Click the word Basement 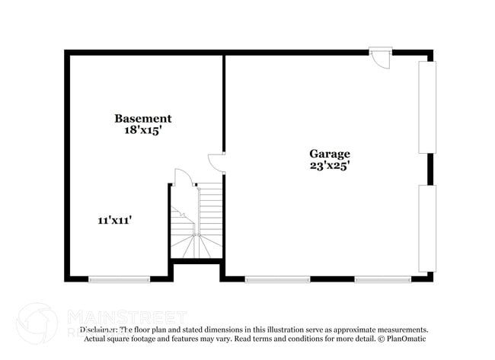pyautogui.click(x=142, y=119)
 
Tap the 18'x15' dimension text pyautogui.click(x=142, y=130)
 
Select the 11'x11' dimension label pyautogui.click(x=115, y=220)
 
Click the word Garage pyautogui.click(x=329, y=153)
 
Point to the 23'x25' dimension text pyautogui.click(x=329, y=164)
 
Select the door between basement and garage pyautogui.click(x=217, y=162)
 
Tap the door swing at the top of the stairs pyautogui.click(x=182, y=178)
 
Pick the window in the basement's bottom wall pyautogui.click(x=119, y=279)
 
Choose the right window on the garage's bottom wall pyautogui.click(x=383, y=279)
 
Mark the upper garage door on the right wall pyautogui.click(x=427, y=107)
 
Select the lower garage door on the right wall pyautogui.click(x=427, y=228)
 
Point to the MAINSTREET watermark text pyautogui.click(x=126, y=315)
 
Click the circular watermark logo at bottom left pyautogui.click(x=37, y=323)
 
